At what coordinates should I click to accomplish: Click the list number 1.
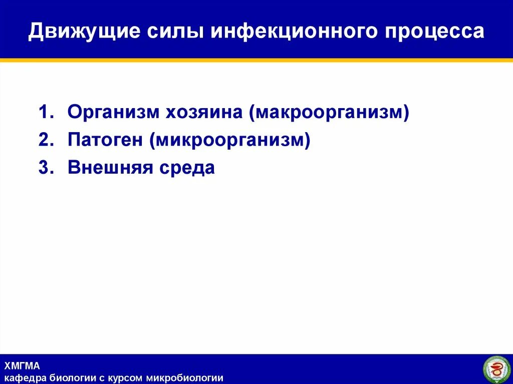tap(45, 113)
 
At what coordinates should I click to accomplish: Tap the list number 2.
tap(45, 140)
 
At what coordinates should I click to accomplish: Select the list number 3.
tap(45, 168)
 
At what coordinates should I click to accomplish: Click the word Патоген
tap(105, 140)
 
